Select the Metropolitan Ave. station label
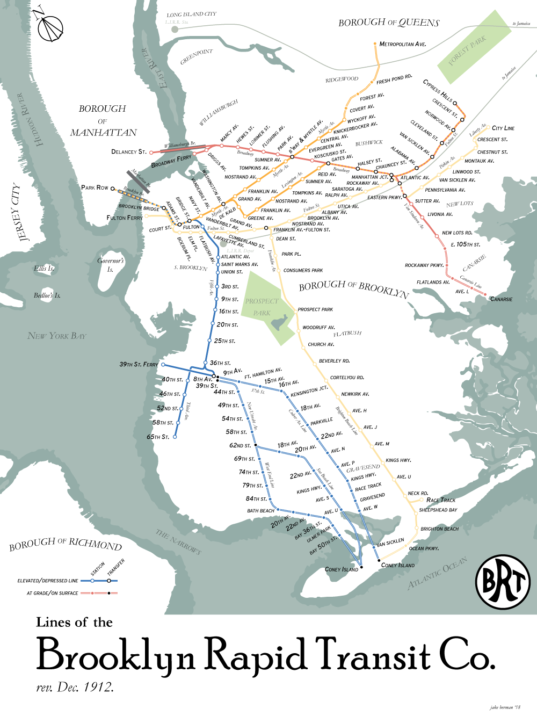click(x=402, y=44)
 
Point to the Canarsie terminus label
click(x=501, y=299)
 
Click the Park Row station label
click(x=95, y=187)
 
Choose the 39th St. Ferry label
click(x=139, y=364)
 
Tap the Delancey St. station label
click(x=128, y=151)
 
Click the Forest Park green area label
click(x=467, y=50)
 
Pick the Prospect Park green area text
click(x=262, y=307)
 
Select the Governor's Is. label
click(x=111, y=265)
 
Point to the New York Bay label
click(x=56, y=336)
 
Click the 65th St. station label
click(x=158, y=437)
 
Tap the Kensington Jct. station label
click(x=309, y=391)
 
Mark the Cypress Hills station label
click(x=438, y=90)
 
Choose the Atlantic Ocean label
click(x=437, y=573)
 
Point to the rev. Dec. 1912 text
click(x=75, y=687)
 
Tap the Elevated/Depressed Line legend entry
click(x=48, y=581)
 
